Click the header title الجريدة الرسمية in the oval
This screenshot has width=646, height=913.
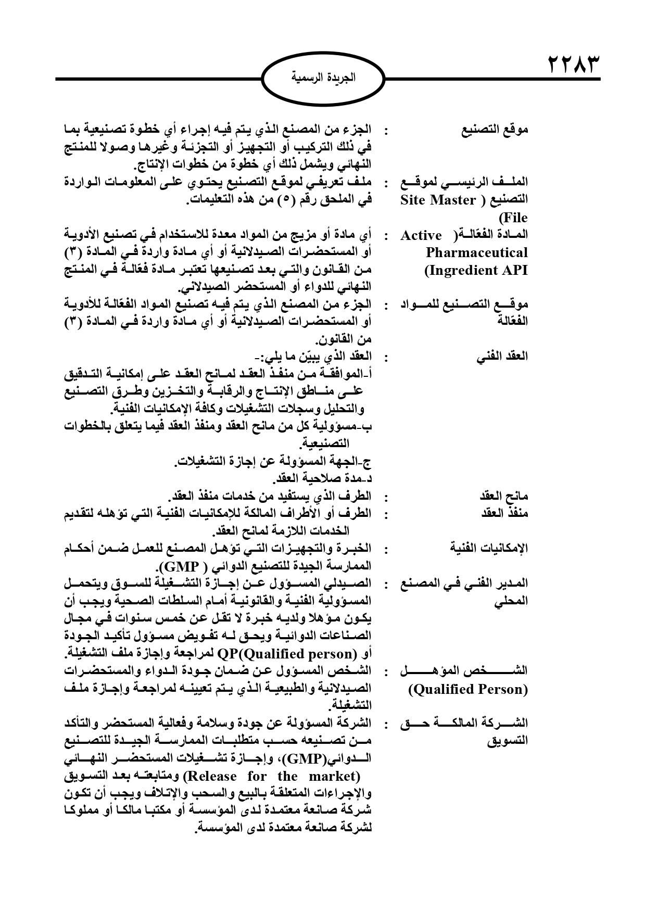pos(323,79)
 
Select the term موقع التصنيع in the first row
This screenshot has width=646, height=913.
pos(495,130)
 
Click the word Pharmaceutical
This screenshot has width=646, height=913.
pos(476,253)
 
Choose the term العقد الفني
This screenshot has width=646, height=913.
pos(502,357)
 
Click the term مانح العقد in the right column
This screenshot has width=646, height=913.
pos(503,496)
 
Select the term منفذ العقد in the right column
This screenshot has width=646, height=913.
pos(503,513)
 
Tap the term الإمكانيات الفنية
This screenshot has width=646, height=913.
pos(489,548)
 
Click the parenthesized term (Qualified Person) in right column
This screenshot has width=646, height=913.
pos(468,690)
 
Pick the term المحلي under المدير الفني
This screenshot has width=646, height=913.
pos(513,601)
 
